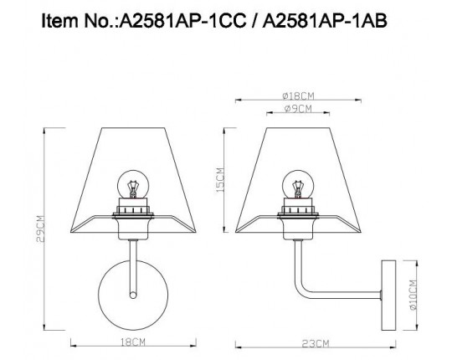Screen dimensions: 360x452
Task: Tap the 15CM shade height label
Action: pyautogui.click(x=220, y=178)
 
